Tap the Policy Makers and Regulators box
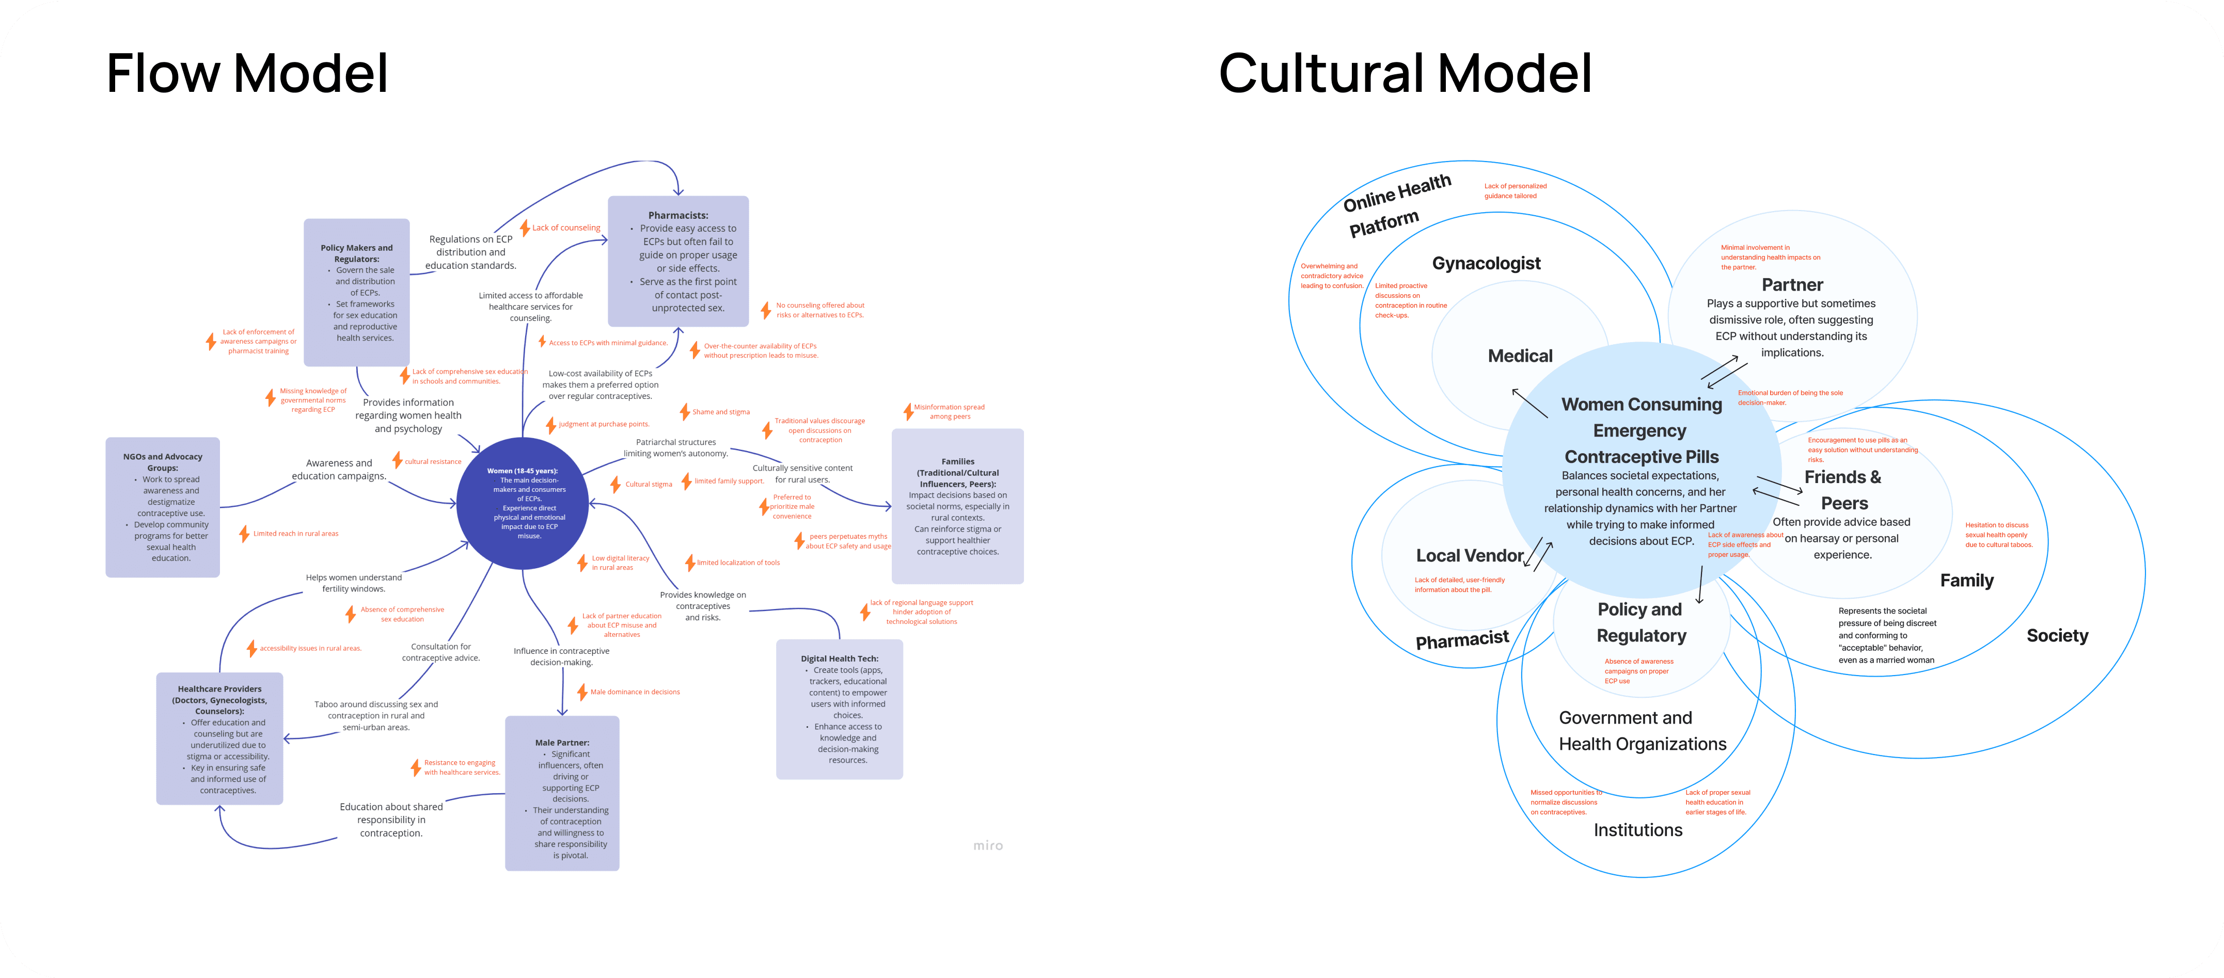pos(357,281)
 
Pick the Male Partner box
pos(562,792)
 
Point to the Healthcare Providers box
pos(219,739)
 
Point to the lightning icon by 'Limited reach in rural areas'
pos(244,534)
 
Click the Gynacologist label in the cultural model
pos(1486,263)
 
